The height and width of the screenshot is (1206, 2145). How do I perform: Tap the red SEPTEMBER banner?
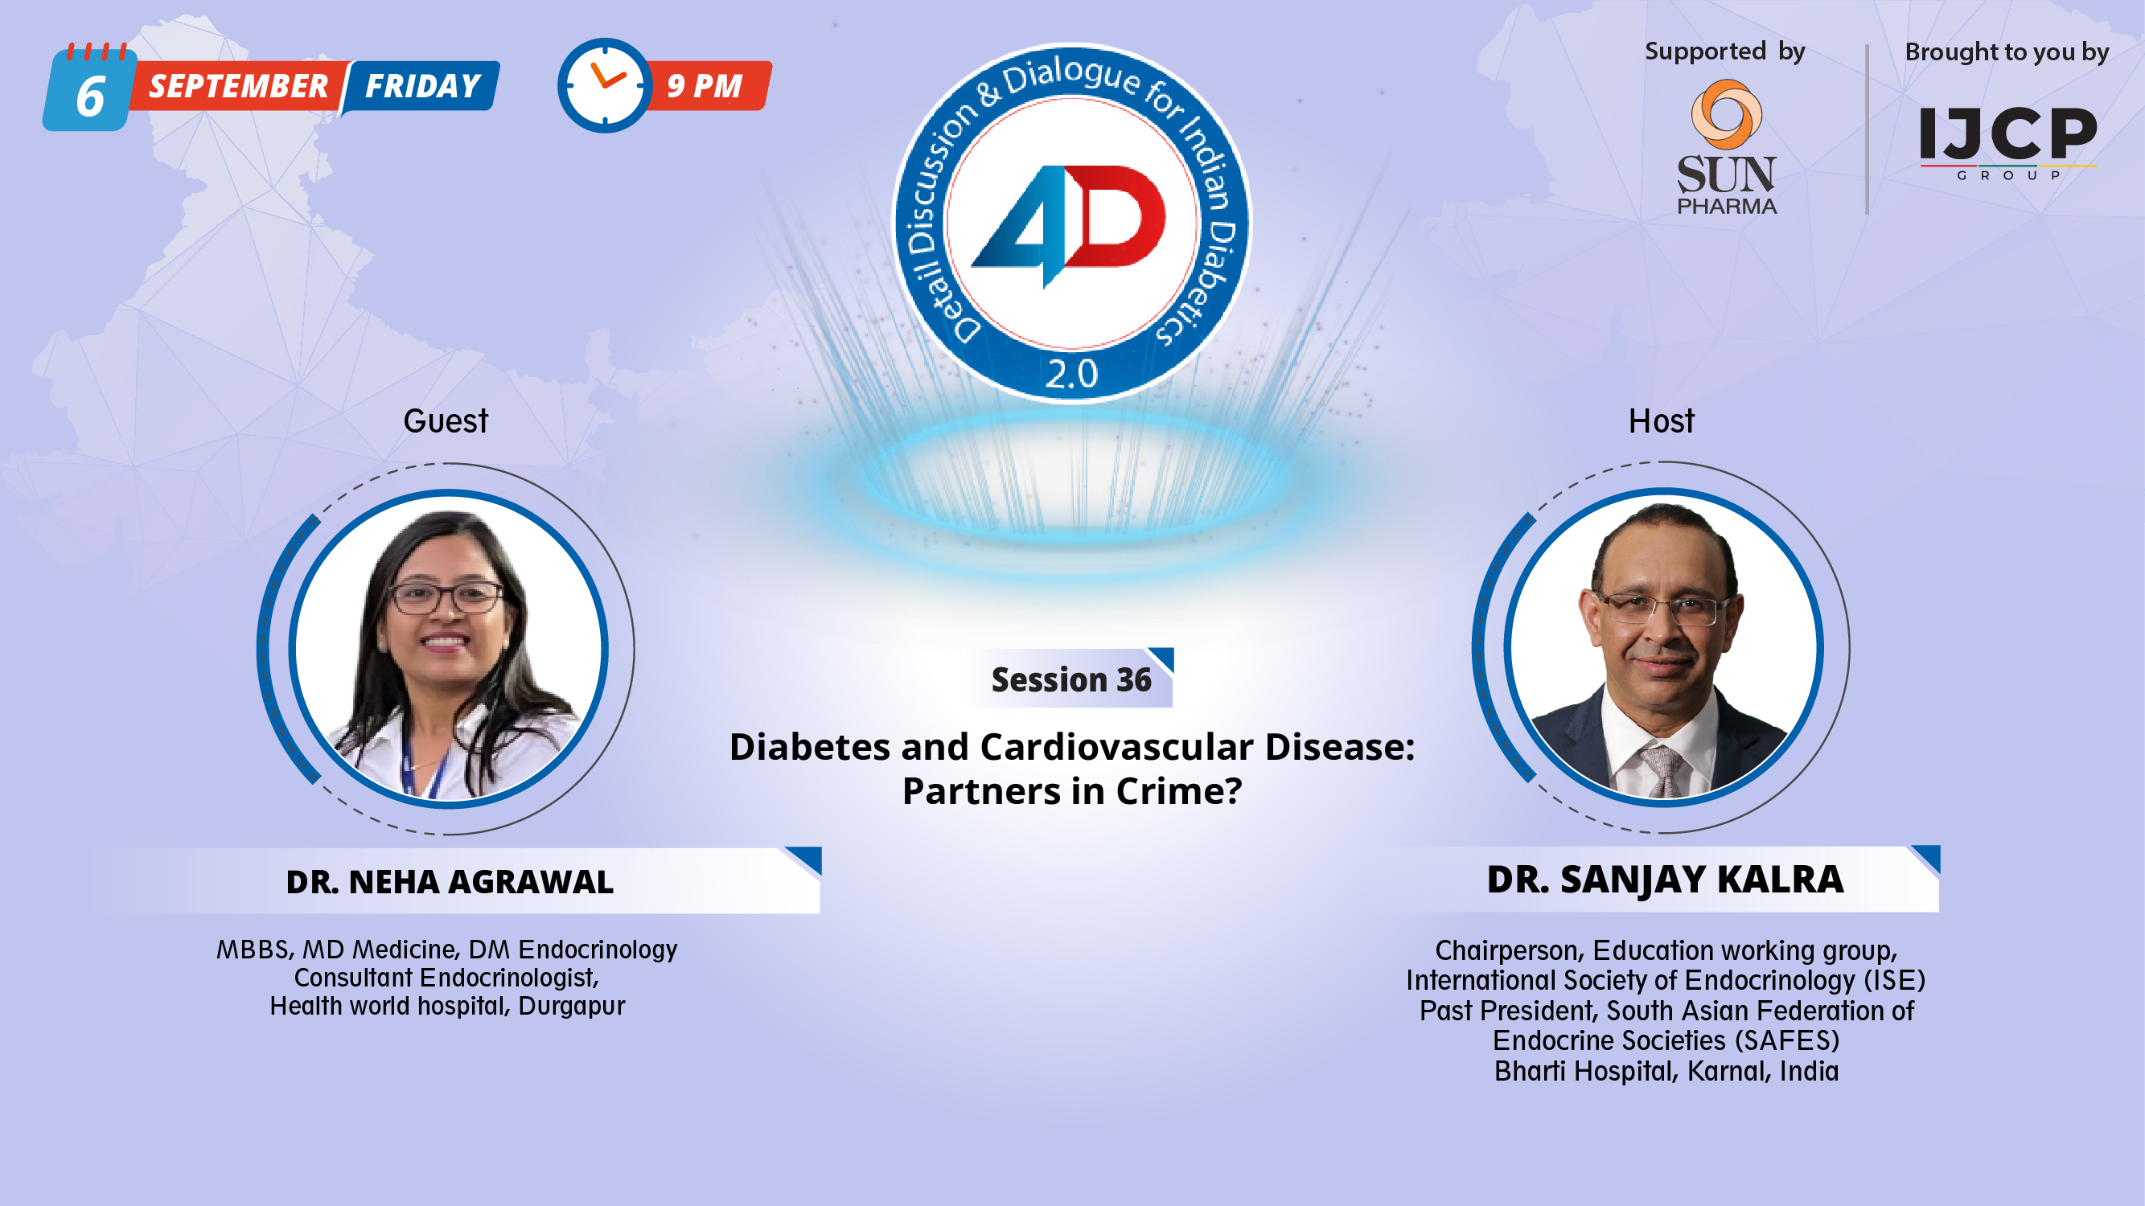click(x=238, y=86)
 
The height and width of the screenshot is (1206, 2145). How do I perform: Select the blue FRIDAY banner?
click(x=422, y=86)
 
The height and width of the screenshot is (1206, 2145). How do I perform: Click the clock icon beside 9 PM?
click(x=605, y=85)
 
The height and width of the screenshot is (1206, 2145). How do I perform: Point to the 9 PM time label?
click(x=705, y=86)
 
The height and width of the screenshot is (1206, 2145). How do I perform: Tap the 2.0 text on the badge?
click(x=1071, y=375)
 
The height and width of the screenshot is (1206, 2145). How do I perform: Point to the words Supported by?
click(x=1724, y=51)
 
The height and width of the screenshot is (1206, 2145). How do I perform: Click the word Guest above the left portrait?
click(x=446, y=421)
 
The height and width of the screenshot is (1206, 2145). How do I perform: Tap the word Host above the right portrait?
click(x=1661, y=421)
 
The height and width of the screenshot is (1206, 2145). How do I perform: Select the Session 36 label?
click(x=1070, y=680)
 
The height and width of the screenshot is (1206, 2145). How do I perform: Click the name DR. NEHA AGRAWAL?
click(x=450, y=881)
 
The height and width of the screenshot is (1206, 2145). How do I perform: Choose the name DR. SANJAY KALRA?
click(x=1666, y=879)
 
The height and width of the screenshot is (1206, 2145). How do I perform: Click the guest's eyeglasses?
click(x=447, y=597)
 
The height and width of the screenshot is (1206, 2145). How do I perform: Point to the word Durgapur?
click(x=571, y=1006)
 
